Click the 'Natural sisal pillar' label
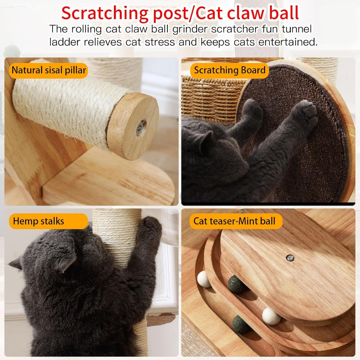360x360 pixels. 49,70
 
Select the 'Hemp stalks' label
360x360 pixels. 38,221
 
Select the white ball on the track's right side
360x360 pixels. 271,315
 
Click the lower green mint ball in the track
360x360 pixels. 241,324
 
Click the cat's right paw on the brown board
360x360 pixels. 306,115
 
